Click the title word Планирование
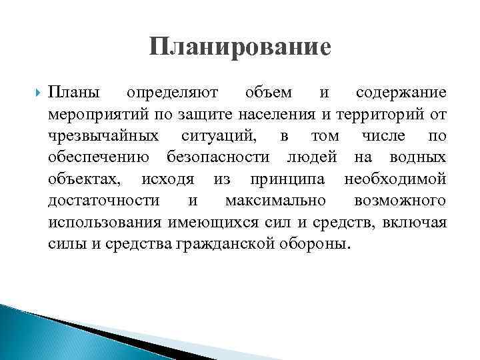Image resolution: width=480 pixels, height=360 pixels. coord(240,47)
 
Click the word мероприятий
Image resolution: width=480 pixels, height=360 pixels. coord(93,115)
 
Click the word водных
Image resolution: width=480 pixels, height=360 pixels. coord(416,159)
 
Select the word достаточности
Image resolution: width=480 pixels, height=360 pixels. coord(103,201)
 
